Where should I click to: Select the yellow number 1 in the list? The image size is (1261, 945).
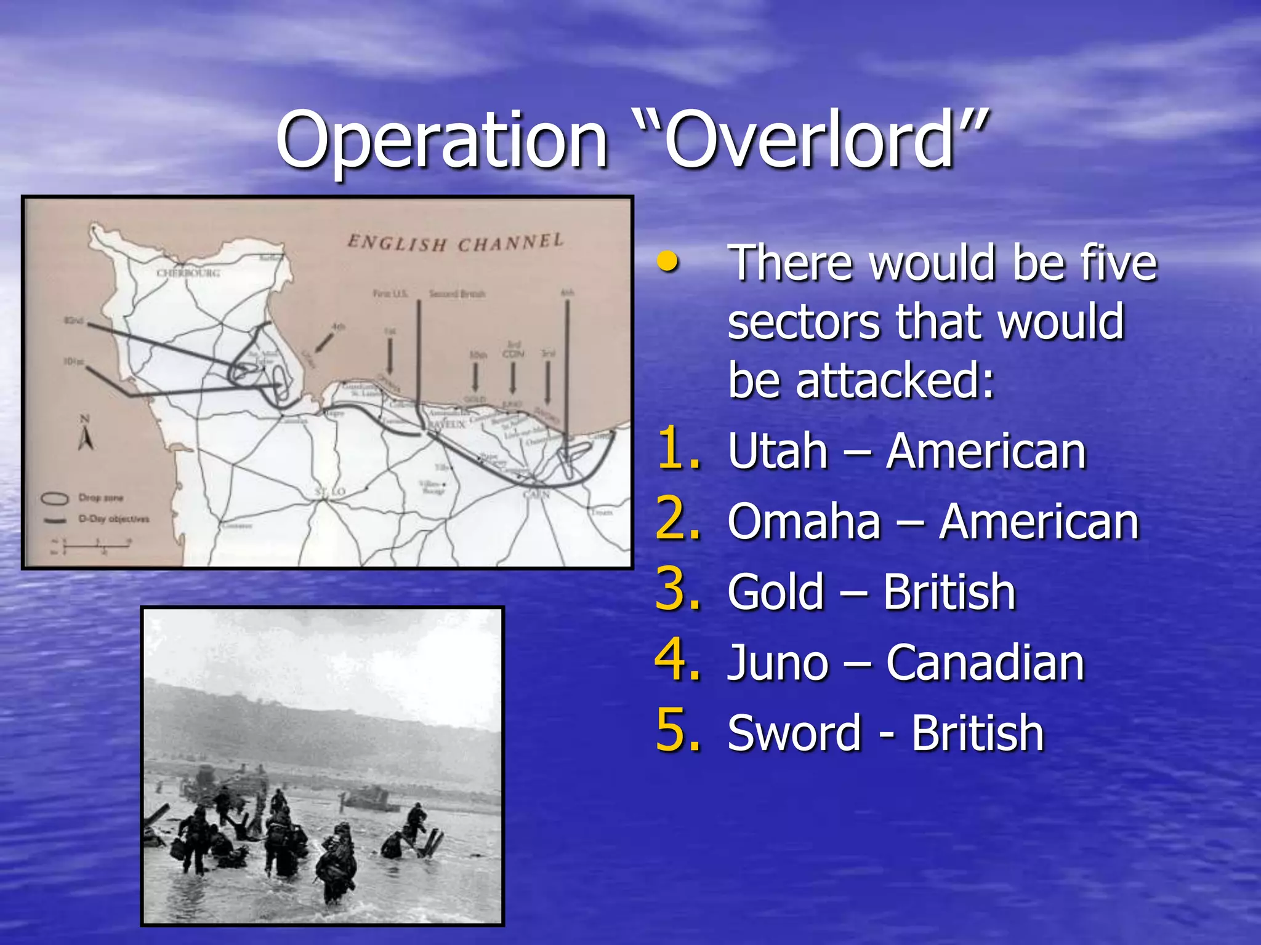677,449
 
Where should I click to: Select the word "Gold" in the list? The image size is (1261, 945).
775,592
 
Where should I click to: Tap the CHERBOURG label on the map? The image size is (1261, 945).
188,273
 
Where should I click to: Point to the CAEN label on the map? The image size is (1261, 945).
536,494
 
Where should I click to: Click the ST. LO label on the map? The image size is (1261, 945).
330,492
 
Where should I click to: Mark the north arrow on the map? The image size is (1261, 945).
86,434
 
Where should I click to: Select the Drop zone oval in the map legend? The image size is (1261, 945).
54,498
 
